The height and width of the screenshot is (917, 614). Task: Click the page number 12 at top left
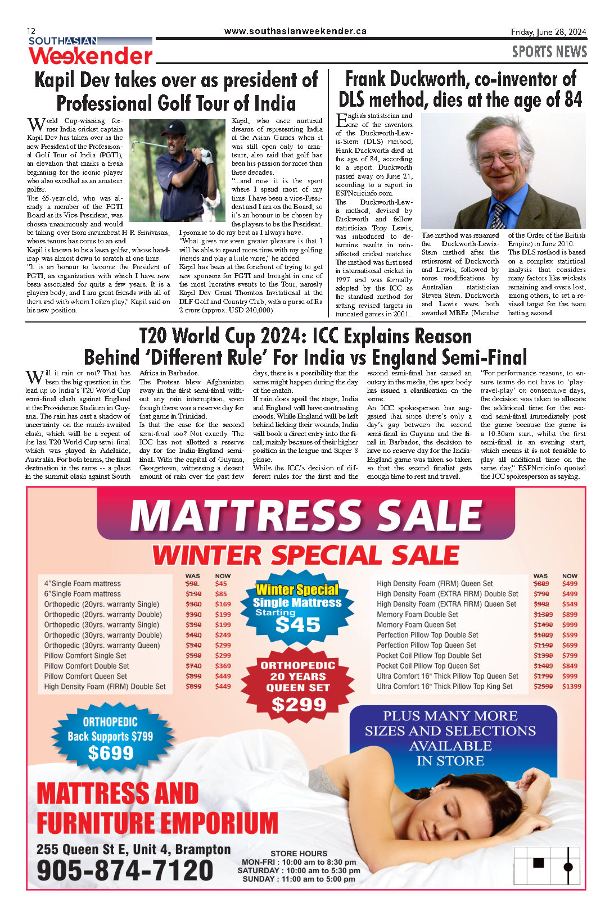(x=31, y=31)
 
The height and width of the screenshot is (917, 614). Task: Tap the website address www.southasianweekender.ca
(x=295, y=31)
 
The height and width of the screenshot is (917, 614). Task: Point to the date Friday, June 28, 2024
(x=548, y=32)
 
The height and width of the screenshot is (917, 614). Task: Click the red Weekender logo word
(x=91, y=56)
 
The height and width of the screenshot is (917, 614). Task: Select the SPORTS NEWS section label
(x=549, y=52)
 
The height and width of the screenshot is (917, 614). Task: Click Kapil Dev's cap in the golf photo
(x=176, y=127)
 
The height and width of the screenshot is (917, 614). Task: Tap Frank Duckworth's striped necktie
(x=498, y=215)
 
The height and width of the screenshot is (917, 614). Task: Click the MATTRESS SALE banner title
(x=306, y=515)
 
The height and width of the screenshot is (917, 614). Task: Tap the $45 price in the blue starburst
(x=298, y=625)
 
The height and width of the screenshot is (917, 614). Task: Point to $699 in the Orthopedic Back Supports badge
(x=110, y=752)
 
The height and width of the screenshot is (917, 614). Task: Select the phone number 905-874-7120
(x=125, y=870)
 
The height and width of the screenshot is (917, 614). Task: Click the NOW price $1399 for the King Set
(x=571, y=686)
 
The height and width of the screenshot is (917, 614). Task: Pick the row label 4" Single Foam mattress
(x=82, y=584)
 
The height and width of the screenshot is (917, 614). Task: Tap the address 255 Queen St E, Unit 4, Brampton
(x=134, y=849)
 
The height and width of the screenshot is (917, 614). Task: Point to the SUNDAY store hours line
(x=299, y=879)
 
